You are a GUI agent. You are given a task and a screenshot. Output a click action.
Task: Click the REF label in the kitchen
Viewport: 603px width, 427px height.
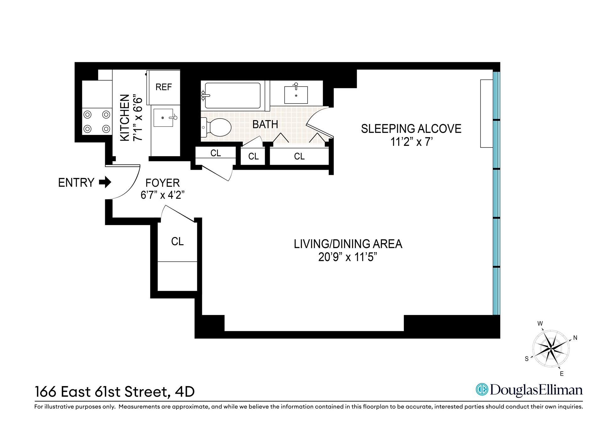pos(164,87)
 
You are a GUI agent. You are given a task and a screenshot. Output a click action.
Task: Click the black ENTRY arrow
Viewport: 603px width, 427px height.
pos(105,182)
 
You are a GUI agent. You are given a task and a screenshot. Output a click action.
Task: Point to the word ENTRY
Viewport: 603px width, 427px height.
pos(76,183)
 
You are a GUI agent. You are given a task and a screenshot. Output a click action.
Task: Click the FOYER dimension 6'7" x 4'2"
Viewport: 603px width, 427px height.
pos(162,195)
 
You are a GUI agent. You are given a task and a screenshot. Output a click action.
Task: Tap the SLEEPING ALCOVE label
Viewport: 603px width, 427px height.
pos(411,129)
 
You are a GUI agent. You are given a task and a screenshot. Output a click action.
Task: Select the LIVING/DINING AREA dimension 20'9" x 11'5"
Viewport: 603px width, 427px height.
pos(347,257)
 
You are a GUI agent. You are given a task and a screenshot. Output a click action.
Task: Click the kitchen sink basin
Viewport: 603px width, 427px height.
pos(163,118)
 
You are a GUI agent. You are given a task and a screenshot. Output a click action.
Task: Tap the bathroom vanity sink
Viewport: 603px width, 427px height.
pos(296,95)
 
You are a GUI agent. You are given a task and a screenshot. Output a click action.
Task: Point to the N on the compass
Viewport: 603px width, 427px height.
pos(575,338)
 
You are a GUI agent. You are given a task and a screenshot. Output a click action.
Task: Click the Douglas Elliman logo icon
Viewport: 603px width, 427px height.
pos(482,390)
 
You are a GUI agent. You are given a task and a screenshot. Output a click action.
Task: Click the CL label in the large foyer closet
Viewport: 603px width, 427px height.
pos(177,241)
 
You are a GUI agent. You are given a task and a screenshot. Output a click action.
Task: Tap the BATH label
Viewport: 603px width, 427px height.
pos(265,125)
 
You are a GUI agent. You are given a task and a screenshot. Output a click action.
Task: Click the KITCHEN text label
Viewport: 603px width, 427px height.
pos(125,118)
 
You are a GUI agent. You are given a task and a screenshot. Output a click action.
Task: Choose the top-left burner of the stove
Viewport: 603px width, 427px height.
pos(87,115)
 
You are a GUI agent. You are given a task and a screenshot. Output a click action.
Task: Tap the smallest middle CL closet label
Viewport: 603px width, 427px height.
pos(253,156)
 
